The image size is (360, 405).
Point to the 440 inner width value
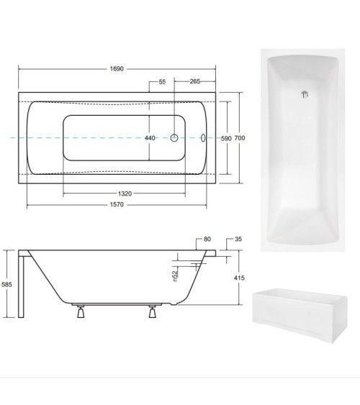pos(150,138)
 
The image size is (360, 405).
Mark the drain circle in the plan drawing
pos(174,138)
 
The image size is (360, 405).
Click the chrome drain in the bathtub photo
pos(303,93)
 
